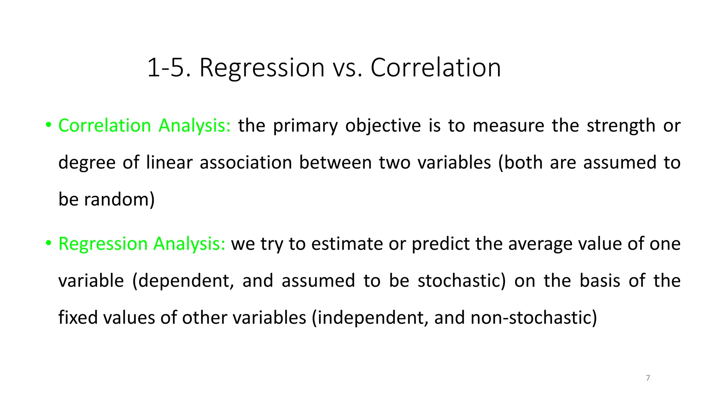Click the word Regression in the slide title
click(x=262, y=68)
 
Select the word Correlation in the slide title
click(x=436, y=68)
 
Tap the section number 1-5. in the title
click(x=168, y=68)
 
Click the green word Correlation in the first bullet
click(x=104, y=125)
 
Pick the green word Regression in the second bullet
click(x=103, y=244)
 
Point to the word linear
click(x=169, y=162)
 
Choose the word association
click(x=245, y=162)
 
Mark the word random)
click(x=119, y=199)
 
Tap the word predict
click(x=440, y=244)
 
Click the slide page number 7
click(x=648, y=378)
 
